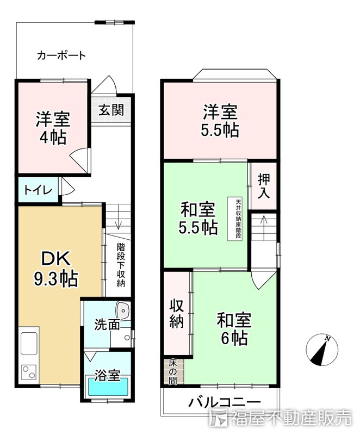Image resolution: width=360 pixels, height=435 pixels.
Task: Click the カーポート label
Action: tap(61, 55)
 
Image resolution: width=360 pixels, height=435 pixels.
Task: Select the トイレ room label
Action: tap(38, 190)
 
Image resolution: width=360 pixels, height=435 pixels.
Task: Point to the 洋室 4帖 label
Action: tap(53, 128)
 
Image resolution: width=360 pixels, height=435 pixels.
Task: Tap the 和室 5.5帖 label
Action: tap(198, 217)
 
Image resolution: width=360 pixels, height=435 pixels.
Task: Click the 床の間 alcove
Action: tap(172, 372)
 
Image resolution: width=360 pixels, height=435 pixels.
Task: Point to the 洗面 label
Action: tap(107, 325)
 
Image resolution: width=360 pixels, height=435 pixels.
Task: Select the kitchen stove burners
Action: tap(28, 372)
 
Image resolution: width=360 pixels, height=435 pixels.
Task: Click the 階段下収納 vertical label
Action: tap(121, 264)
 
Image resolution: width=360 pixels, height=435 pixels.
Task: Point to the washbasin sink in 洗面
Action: tap(124, 312)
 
